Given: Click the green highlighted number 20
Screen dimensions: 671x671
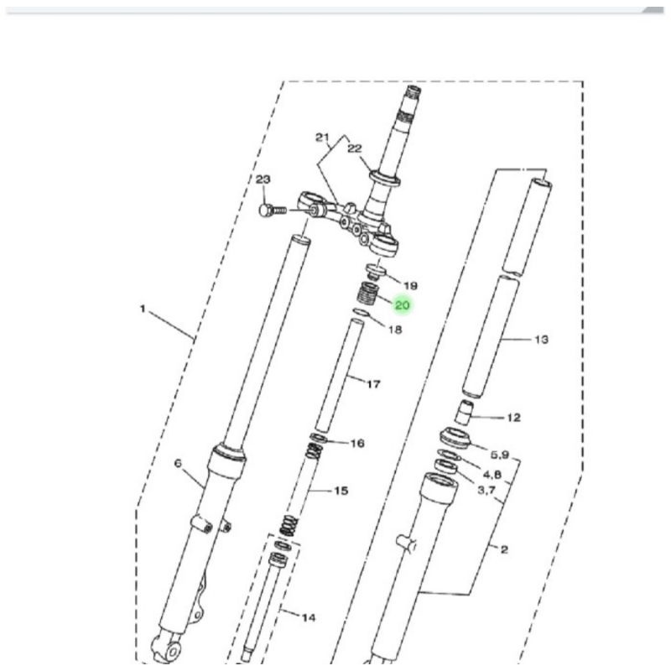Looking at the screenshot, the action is coord(403,305).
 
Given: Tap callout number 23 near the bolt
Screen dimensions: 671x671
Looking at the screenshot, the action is coord(263,179).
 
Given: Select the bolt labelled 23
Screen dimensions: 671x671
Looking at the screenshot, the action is coord(273,211).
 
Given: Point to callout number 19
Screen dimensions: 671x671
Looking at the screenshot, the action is coord(410,285).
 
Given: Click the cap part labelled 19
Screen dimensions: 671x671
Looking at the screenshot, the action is coord(376,272).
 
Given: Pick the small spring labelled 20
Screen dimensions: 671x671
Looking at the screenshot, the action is coord(367,294).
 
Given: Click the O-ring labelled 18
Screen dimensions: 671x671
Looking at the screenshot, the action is coord(361,312).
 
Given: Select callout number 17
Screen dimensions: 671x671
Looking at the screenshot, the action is coord(373,384).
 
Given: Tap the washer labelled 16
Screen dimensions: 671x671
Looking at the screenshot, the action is coord(319,438).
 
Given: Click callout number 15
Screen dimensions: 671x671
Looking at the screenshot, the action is coord(341,491).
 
